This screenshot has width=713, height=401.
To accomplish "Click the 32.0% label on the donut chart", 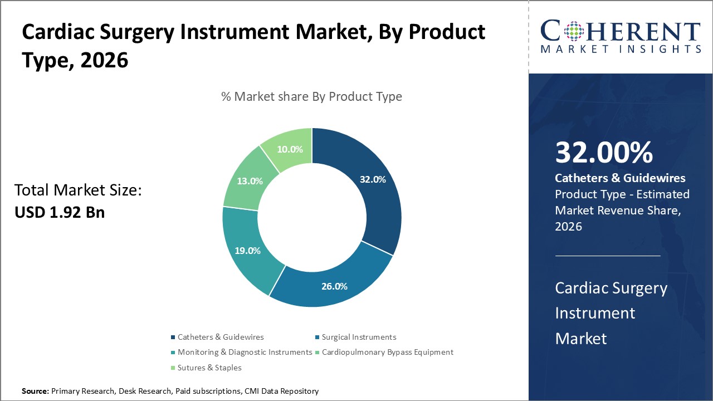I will point(372,180).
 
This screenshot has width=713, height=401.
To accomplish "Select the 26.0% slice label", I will point(334,286).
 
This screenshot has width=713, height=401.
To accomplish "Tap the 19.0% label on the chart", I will point(247,251).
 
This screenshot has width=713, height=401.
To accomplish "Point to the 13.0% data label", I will point(250,181).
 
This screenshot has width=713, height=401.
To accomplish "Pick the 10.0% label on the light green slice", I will point(290,149).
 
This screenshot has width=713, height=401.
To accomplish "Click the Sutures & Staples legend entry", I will point(209,368).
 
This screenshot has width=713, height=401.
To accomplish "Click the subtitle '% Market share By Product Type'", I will point(311,96).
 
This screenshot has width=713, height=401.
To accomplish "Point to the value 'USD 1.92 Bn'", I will point(60,212).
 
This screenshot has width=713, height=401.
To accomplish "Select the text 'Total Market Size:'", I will point(79,191).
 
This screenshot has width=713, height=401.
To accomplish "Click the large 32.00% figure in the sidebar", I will point(604,153).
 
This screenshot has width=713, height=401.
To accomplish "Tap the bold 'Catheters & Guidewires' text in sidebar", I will point(620,178).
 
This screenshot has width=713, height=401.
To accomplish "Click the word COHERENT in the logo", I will point(621,32).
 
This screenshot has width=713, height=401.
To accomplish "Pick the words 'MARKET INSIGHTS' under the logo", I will point(621,50).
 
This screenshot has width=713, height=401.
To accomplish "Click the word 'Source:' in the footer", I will point(35,392).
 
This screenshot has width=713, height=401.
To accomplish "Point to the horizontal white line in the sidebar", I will point(608,256).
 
